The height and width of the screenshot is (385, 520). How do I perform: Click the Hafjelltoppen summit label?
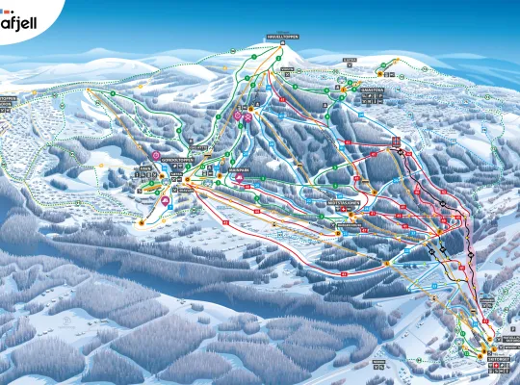(x=283, y=37)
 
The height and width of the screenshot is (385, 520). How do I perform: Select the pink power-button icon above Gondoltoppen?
(x=155, y=154)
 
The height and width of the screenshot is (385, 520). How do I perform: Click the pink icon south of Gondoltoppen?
(x=165, y=201)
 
